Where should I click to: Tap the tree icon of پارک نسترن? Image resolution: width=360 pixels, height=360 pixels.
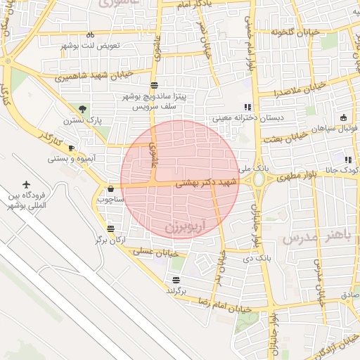tap(83, 108)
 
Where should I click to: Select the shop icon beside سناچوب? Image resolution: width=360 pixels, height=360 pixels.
tap(110, 188)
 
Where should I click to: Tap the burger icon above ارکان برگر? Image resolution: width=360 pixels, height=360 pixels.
tap(111, 229)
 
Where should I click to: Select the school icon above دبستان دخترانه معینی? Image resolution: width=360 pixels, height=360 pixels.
tap(247, 106)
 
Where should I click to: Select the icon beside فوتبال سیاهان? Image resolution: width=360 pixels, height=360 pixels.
tap(342, 117)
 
